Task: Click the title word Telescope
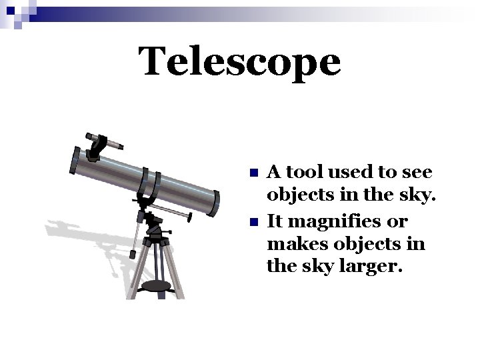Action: [239, 61]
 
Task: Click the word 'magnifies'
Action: [331, 221]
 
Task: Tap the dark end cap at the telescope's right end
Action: [215, 199]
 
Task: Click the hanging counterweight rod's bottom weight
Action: [133, 254]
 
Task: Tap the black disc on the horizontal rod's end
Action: [191, 217]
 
